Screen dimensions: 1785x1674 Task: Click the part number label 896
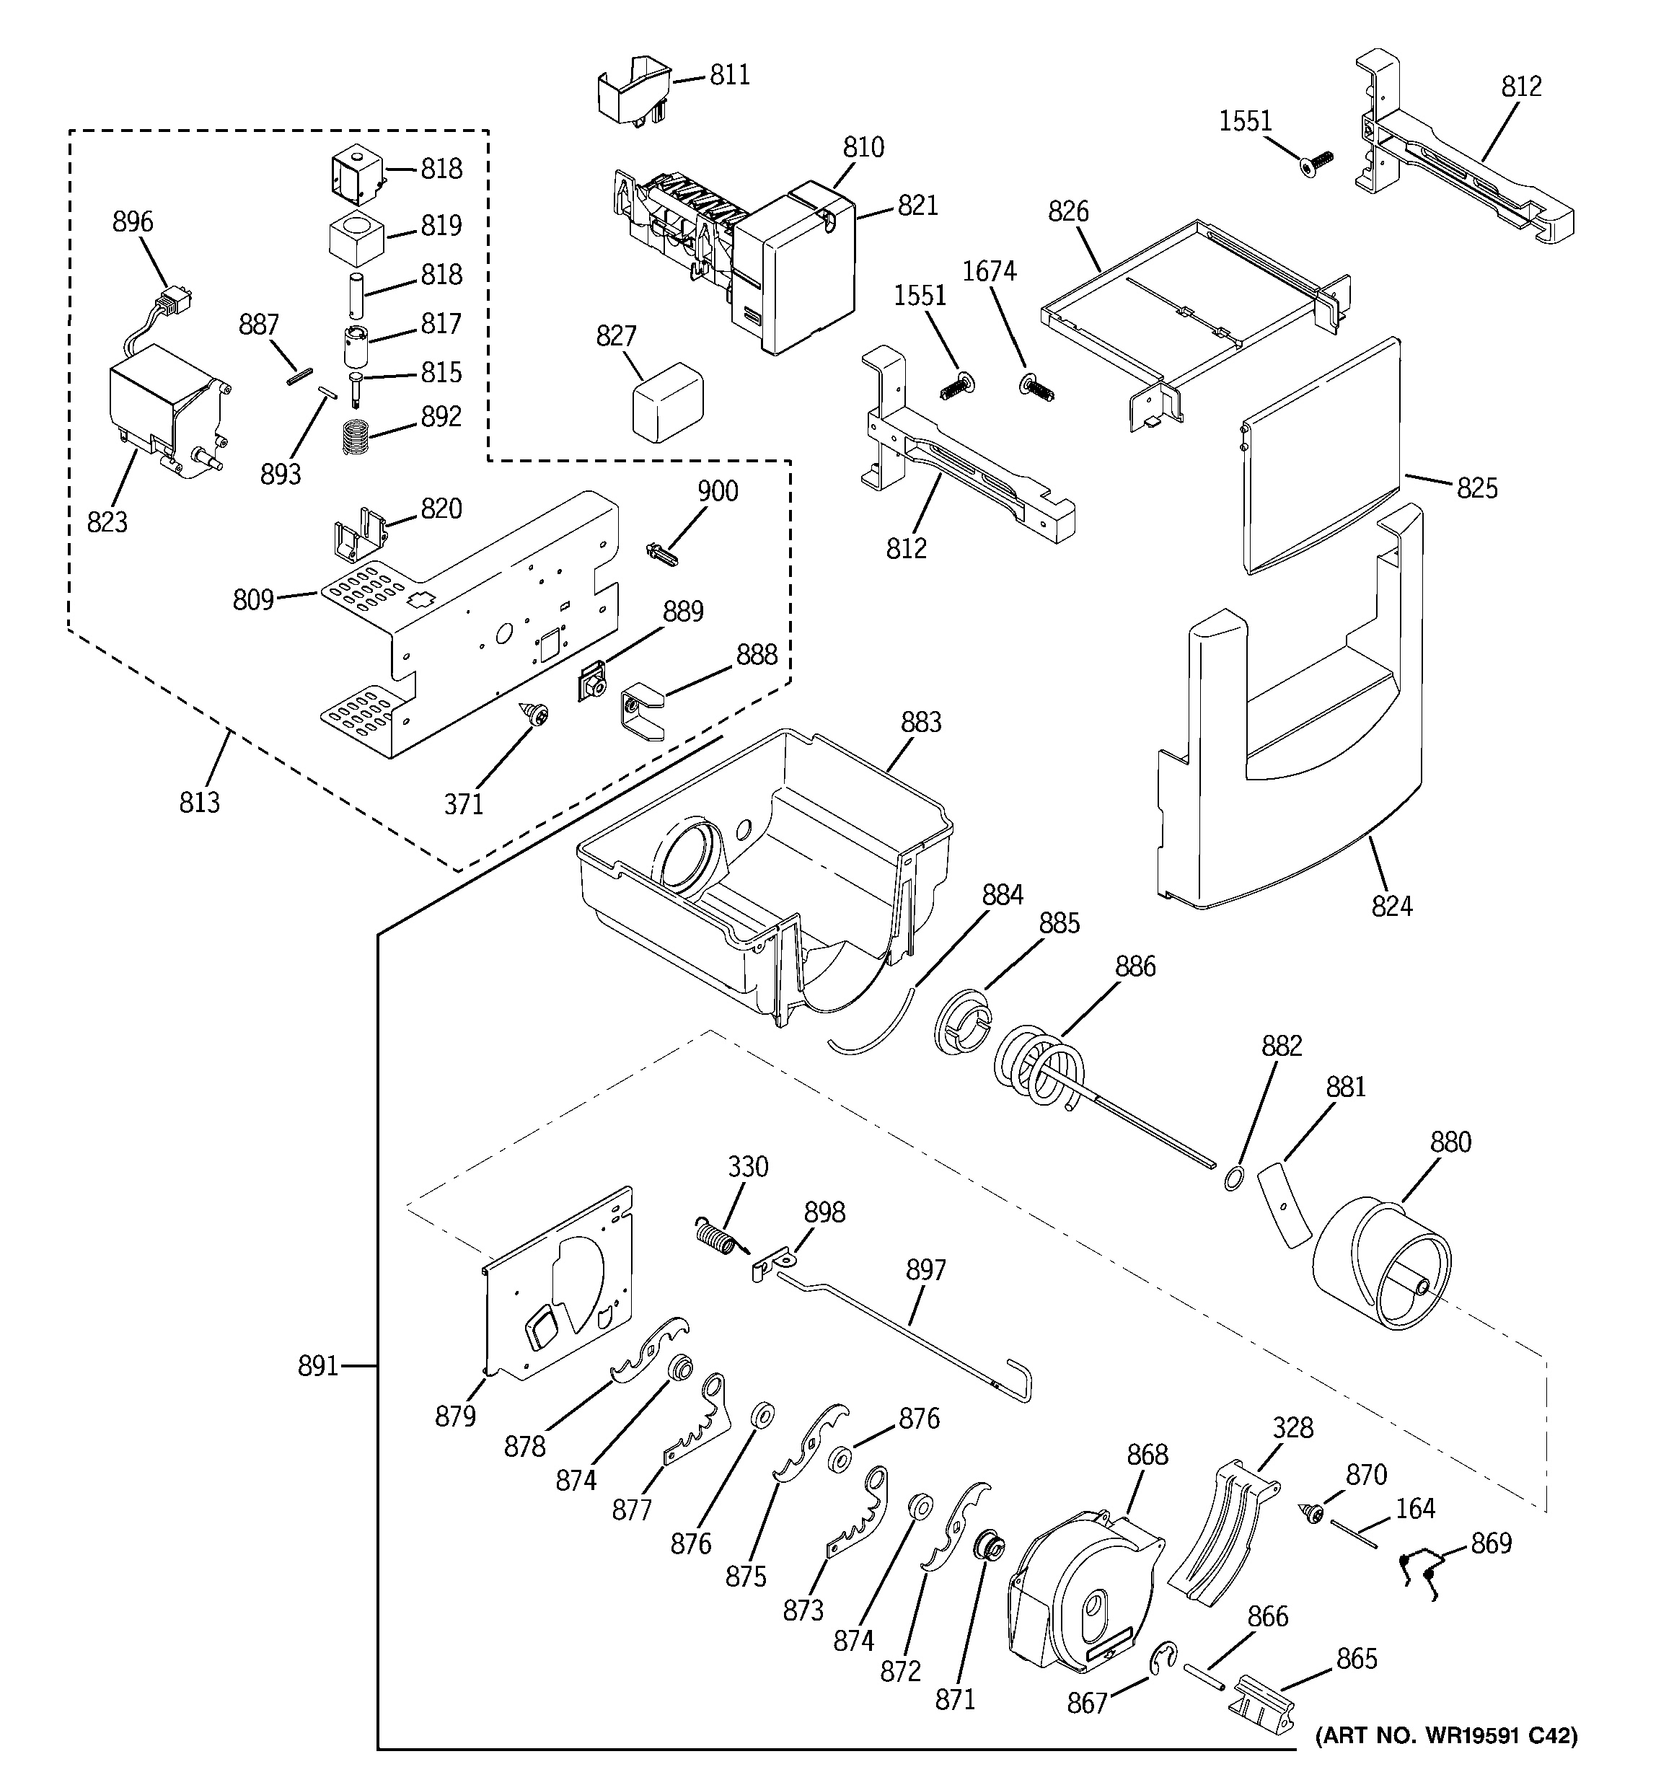click(x=133, y=222)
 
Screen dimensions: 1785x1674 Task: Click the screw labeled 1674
click(x=1036, y=387)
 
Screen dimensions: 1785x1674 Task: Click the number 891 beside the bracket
click(x=318, y=1366)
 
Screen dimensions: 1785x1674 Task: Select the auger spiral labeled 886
click(x=1041, y=1069)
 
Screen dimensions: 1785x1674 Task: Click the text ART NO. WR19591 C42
click(x=1446, y=1736)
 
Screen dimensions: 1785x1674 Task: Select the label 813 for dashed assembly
click(x=198, y=802)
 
